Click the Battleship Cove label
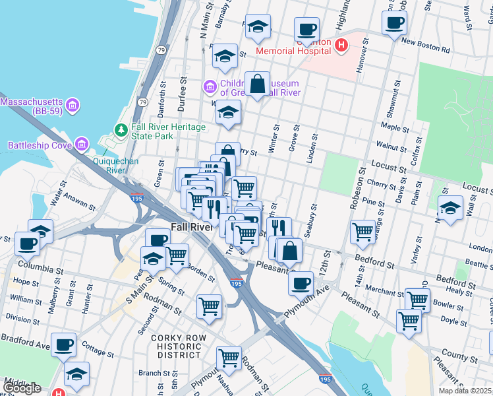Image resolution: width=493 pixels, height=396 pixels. [38, 145]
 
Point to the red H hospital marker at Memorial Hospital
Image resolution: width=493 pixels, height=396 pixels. [341, 45]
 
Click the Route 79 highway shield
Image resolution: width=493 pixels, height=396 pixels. [142, 102]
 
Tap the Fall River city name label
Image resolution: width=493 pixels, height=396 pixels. [191, 226]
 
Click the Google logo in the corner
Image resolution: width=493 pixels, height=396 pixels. [21, 387]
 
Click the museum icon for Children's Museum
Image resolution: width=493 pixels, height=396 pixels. [210, 86]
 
